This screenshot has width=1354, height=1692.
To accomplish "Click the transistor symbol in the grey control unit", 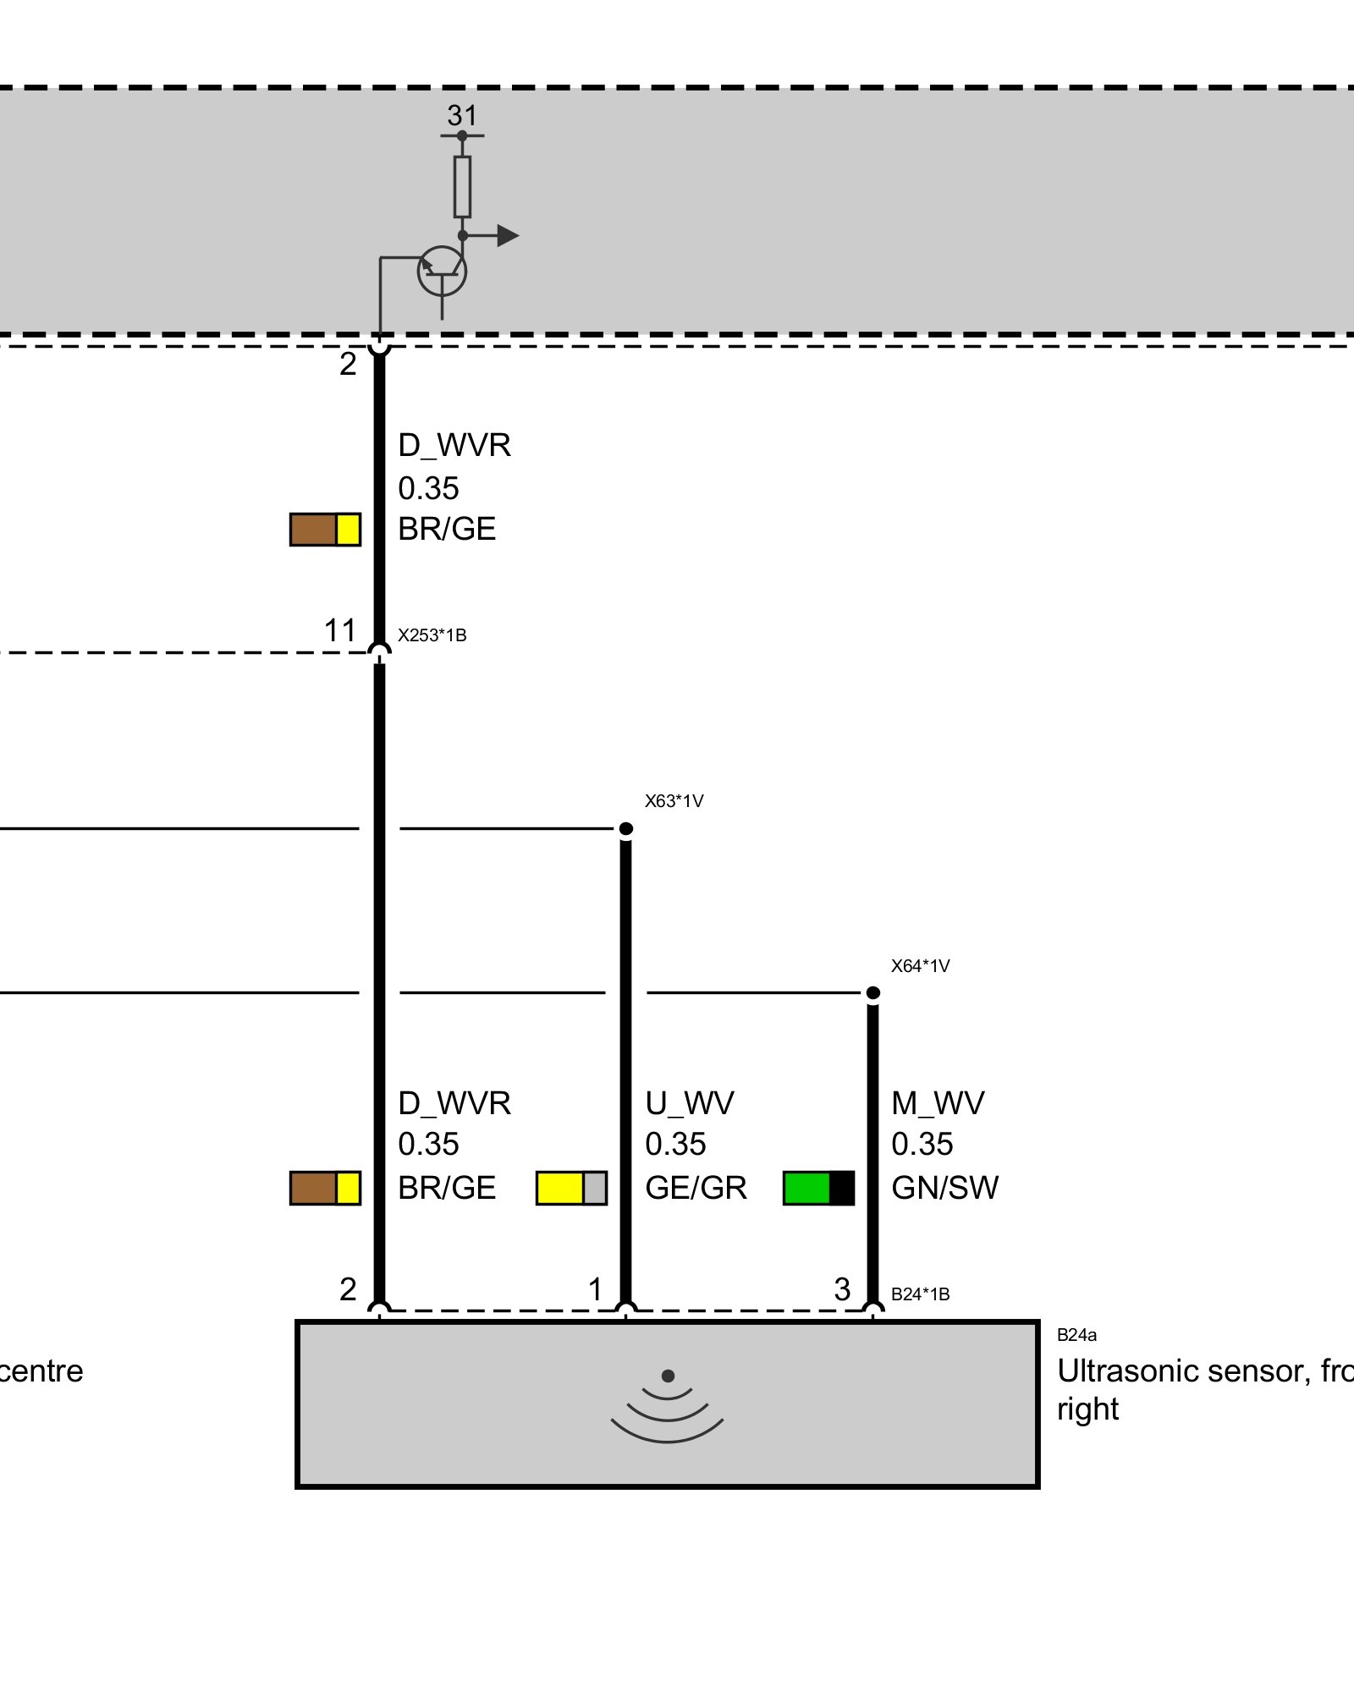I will tap(442, 272).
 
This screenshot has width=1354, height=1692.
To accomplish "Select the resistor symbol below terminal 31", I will tap(462, 186).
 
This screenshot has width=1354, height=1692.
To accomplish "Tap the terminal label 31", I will tap(462, 115).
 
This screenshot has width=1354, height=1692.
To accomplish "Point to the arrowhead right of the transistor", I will tap(507, 235).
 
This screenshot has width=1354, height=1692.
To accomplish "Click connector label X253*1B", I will tap(432, 635).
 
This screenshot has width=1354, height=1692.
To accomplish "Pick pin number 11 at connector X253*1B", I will tap(340, 630).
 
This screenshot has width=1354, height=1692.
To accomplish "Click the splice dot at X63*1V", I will tap(626, 828).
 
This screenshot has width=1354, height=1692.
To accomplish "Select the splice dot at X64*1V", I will tap(873, 992).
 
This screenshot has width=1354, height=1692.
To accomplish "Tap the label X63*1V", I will tap(674, 801).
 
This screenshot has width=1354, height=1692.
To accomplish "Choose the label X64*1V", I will tap(920, 966).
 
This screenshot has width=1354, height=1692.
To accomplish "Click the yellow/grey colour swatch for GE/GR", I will tap(571, 1188).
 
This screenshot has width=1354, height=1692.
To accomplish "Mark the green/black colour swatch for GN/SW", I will tap(818, 1188).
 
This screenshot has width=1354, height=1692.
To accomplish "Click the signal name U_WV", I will tap(689, 1103).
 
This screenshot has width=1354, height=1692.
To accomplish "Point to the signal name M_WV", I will tap(938, 1103).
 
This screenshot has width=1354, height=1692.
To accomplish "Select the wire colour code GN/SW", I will tap(944, 1188).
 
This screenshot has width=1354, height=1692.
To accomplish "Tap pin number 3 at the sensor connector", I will tap(842, 1289).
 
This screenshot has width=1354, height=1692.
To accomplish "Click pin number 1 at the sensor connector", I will tap(596, 1289).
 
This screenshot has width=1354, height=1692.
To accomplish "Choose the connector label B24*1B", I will tap(920, 1294).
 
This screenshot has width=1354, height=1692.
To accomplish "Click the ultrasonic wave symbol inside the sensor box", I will tap(668, 1408).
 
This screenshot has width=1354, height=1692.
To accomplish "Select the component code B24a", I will tap(1076, 1335).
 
